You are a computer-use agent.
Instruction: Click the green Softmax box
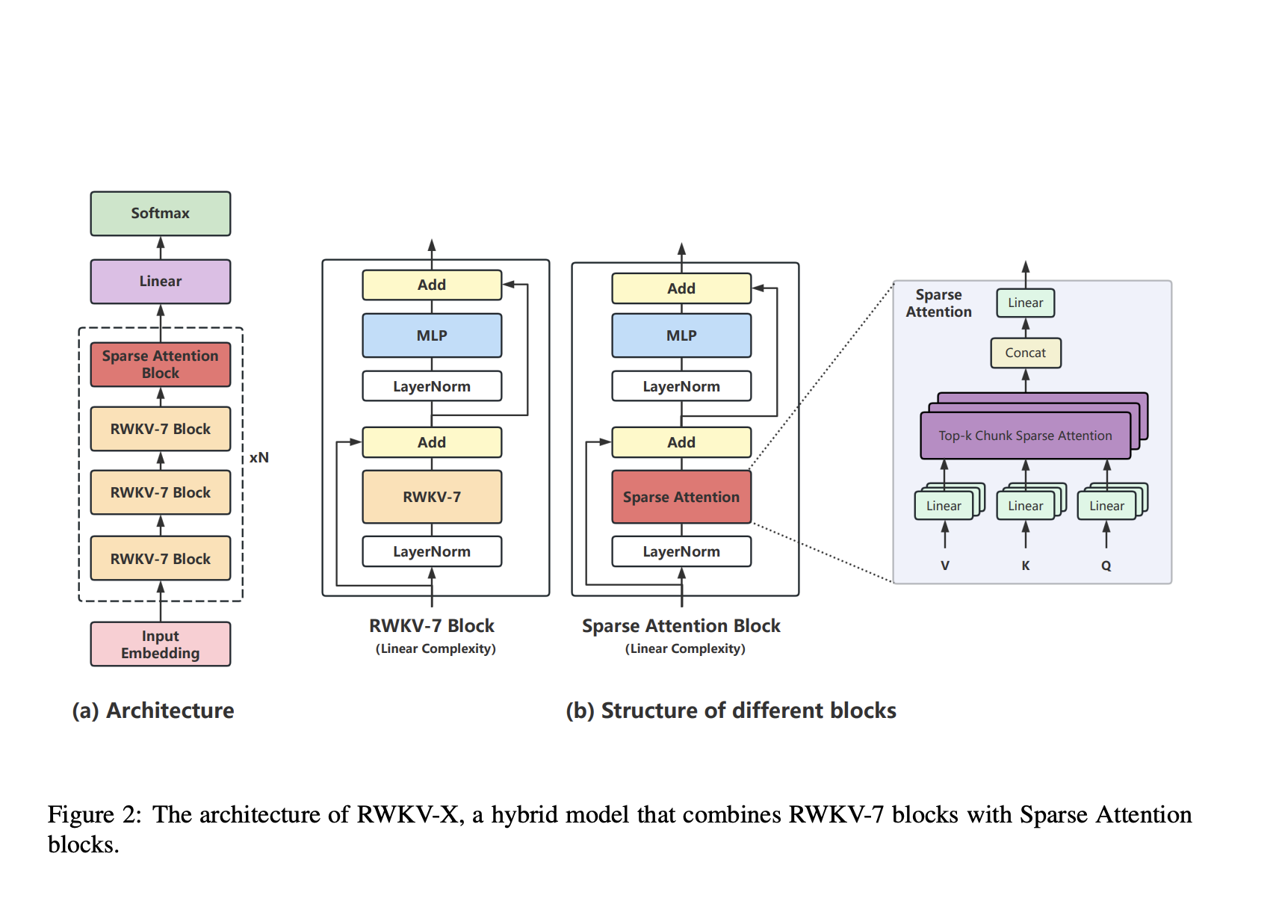pyautogui.click(x=160, y=214)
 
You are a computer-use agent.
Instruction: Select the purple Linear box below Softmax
pyautogui.click(x=160, y=282)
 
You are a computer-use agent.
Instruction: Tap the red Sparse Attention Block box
pyautogui.click(x=160, y=365)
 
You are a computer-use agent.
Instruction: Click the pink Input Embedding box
pyautogui.click(x=160, y=644)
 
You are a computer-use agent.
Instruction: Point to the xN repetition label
pyautogui.click(x=259, y=457)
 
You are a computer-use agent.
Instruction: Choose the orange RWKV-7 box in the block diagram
pyautogui.click(x=432, y=497)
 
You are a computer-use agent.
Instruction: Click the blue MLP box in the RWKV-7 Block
pyautogui.click(x=432, y=335)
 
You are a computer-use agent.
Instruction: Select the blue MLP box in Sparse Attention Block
pyautogui.click(x=681, y=335)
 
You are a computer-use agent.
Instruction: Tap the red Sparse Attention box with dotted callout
pyautogui.click(x=681, y=497)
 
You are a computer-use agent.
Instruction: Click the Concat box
pyautogui.click(x=1025, y=353)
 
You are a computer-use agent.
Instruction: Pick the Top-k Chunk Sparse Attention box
pyautogui.click(x=1025, y=436)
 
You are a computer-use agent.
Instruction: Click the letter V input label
pyautogui.click(x=945, y=566)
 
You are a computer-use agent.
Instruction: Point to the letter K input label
pyautogui.click(x=1026, y=566)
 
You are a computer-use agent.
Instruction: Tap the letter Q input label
pyautogui.click(x=1106, y=566)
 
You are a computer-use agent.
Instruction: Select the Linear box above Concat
pyautogui.click(x=1025, y=303)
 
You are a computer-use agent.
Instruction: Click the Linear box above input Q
pyautogui.click(x=1106, y=506)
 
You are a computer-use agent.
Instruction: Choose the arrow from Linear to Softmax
pyautogui.click(x=161, y=247)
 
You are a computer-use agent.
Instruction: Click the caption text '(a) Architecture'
pyautogui.click(x=153, y=710)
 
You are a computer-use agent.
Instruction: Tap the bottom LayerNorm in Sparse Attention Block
pyautogui.click(x=681, y=551)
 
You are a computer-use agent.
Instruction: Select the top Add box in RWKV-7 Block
pyautogui.click(x=432, y=285)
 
